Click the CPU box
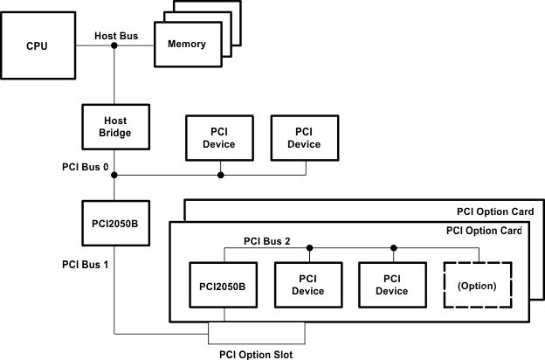click(x=37, y=45)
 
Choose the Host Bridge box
click(x=114, y=127)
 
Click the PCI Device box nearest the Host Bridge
click(x=221, y=138)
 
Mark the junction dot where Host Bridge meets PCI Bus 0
click(x=114, y=176)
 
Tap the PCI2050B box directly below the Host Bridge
click(x=114, y=224)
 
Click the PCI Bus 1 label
click(x=84, y=263)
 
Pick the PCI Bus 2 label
click(x=267, y=239)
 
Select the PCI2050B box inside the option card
click(x=223, y=286)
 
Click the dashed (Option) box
click(x=478, y=286)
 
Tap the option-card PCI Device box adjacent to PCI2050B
click(x=308, y=286)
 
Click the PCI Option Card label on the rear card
click(x=500, y=211)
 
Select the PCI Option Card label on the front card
click(x=484, y=232)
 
